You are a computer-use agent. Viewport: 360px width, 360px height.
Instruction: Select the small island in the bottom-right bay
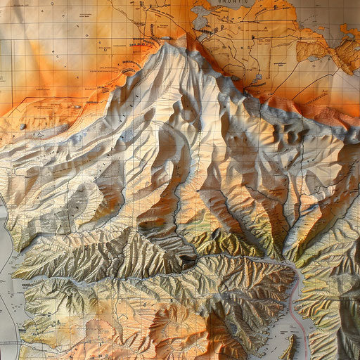[x=290, y=346]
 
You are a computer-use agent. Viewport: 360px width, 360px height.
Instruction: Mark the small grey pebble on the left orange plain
[x=22, y=126]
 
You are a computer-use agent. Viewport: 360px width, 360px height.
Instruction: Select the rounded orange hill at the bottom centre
[x=169, y=323]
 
